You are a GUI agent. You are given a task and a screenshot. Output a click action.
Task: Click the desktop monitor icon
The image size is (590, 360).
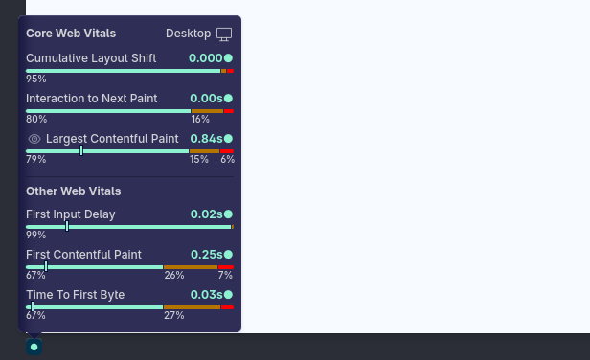pyautogui.click(x=224, y=34)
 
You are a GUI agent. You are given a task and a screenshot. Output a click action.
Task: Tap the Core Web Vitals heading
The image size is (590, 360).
pyautogui.click(x=71, y=34)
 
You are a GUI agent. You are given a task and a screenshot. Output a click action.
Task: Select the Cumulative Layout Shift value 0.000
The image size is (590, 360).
pyautogui.click(x=205, y=58)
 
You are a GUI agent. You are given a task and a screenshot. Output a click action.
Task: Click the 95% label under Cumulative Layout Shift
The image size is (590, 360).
pyautogui.click(x=36, y=79)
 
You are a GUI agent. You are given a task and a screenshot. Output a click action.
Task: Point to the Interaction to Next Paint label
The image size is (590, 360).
pyautogui.click(x=91, y=99)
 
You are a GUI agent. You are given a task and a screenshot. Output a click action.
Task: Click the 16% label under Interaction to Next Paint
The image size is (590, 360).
pyautogui.click(x=200, y=120)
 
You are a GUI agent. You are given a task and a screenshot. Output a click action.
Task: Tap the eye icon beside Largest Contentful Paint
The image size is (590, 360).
pyautogui.click(x=34, y=139)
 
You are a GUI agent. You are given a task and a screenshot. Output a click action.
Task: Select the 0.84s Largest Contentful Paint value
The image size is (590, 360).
pyautogui.click(x=206, y=139)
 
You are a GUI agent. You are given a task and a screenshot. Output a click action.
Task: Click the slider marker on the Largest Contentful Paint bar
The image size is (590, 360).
pyautogui.click(x=81, y=151)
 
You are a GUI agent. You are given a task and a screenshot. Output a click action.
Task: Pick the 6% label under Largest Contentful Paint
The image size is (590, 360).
pyautogui.click(x=228, y=160)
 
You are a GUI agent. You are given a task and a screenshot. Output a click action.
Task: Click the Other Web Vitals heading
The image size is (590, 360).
pyautogui.click(x=74, y=191)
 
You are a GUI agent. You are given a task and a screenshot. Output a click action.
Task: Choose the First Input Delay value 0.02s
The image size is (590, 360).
pyautogui.click(x=206, y=214)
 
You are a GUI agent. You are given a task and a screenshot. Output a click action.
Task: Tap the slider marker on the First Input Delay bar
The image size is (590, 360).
pyautogui.click(x=67, y=227)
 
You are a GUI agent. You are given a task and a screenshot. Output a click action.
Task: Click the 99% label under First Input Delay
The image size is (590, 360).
pyautogui.click(x=36, y=236)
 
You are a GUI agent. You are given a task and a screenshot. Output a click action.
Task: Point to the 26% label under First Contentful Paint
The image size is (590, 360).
pyautogui.click(x=174, y=276)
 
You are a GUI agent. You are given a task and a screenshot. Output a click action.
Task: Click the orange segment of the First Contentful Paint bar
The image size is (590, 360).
pyautogui.click(x=191, y=267)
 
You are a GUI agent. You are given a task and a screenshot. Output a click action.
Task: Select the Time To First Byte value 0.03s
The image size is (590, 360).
pyautogui.click(x=206, y=295)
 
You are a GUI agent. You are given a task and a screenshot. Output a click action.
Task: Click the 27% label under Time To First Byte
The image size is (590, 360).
pyautogui.click(x=174, y=316)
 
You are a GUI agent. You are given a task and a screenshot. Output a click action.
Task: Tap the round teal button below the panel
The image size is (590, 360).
pyautogui.click(x=34, y=347)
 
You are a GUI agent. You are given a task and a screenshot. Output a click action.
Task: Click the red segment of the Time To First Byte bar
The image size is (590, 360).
pyautogui.click(x=227, y=307)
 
